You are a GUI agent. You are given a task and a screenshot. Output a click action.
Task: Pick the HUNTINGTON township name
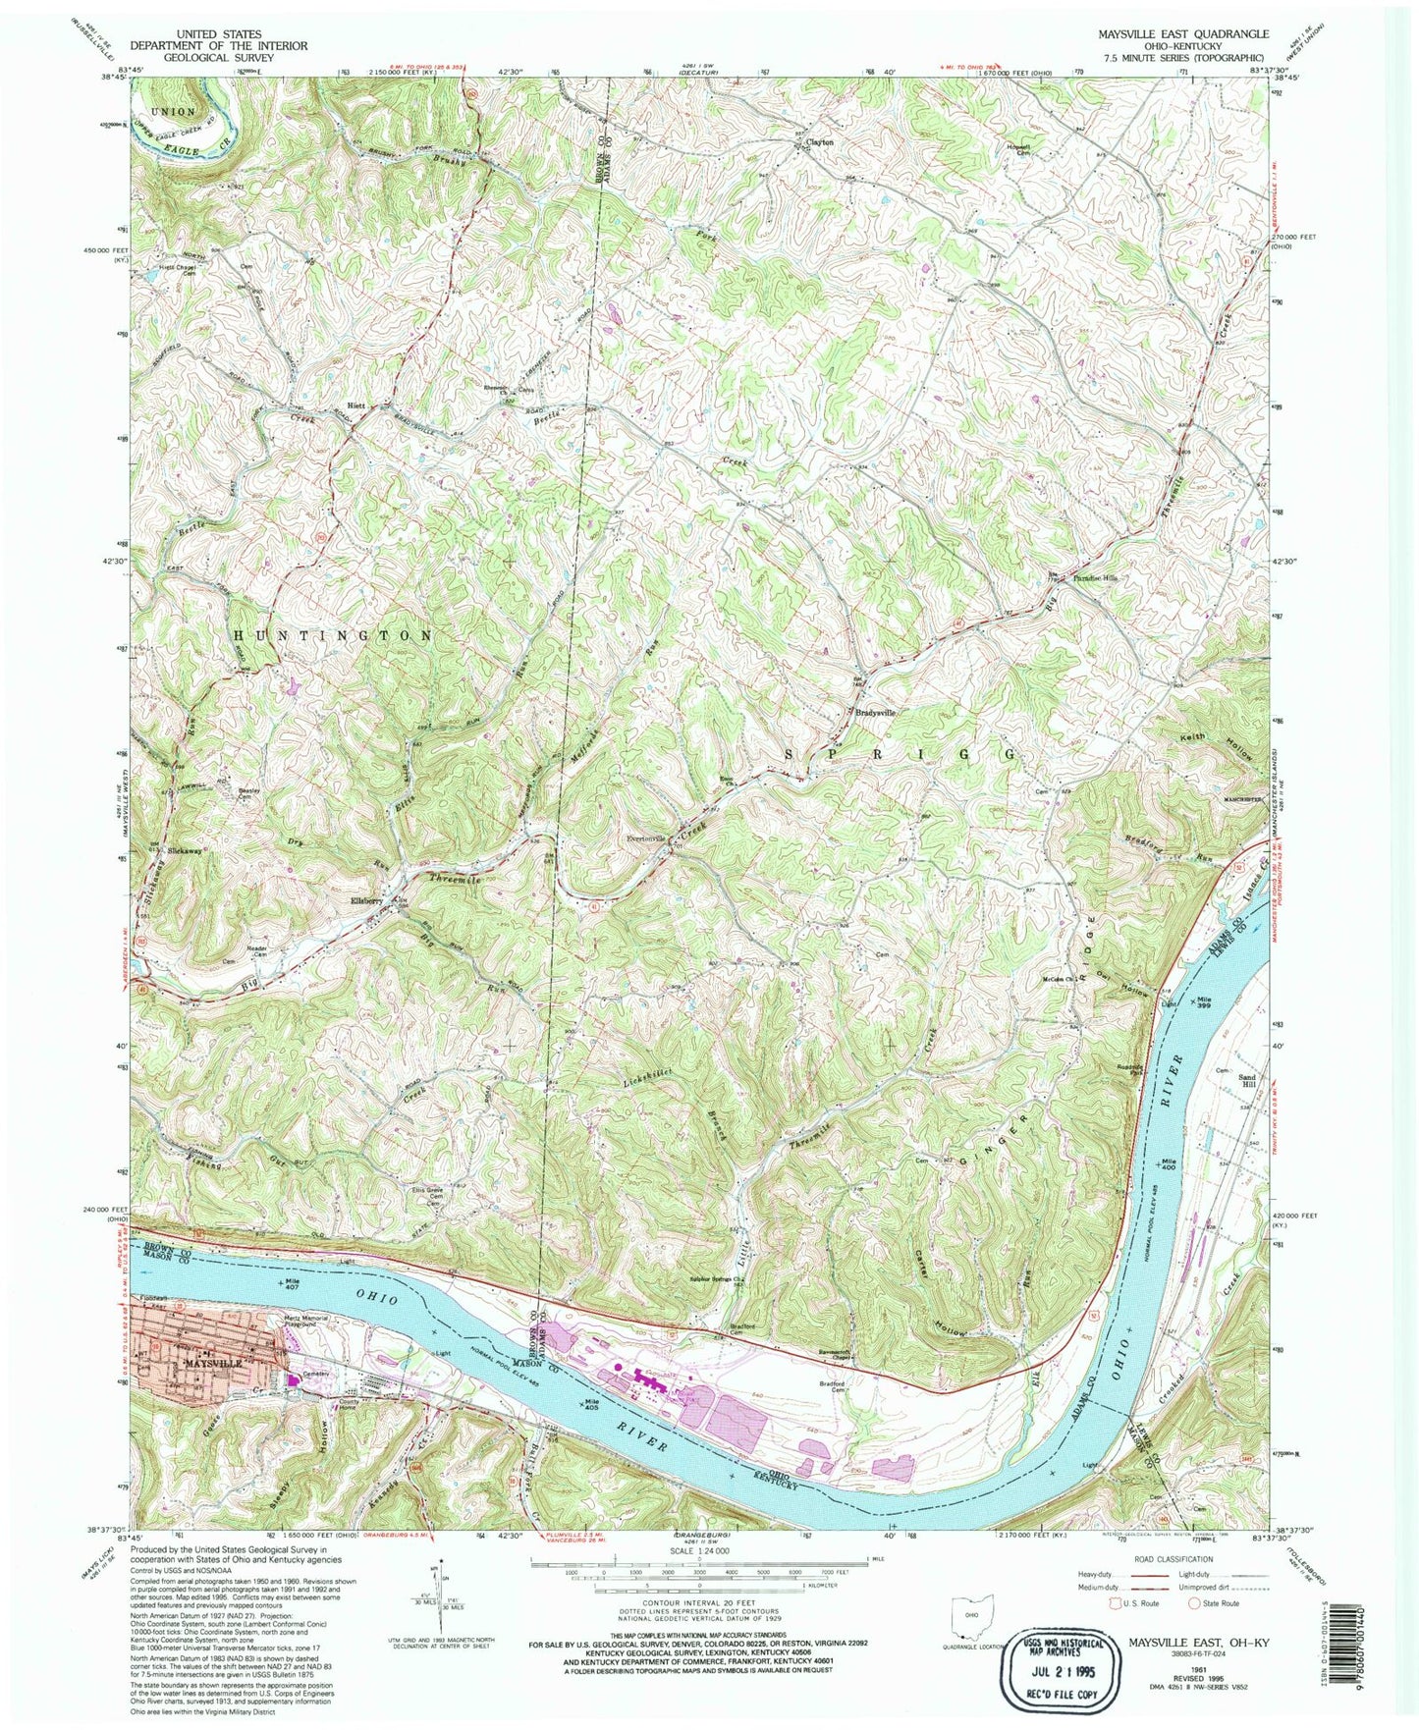point(334,635)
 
